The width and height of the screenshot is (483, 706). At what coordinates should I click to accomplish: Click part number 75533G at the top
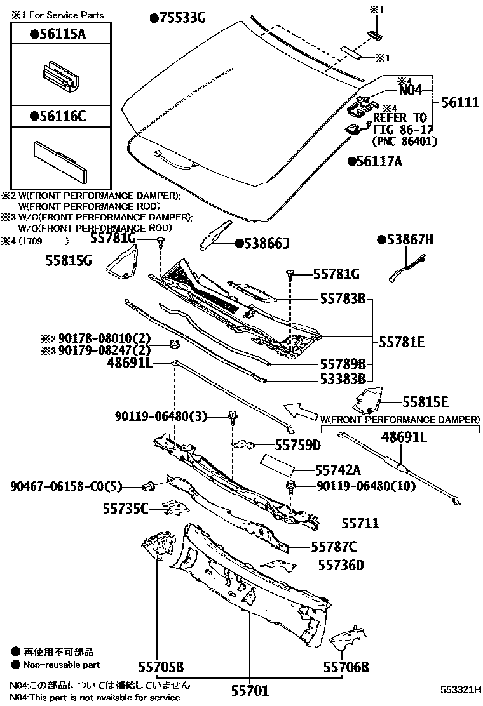178,18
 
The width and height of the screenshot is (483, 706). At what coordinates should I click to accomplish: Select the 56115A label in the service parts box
58,34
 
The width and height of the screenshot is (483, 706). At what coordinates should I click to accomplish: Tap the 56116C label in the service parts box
58,117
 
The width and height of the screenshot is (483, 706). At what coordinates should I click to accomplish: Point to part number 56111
460,103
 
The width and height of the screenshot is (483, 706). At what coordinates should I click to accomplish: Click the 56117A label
374,161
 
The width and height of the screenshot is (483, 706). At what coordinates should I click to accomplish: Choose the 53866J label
262,244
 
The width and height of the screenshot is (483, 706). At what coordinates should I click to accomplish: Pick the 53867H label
405,239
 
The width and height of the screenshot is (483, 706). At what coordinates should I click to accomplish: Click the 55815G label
69,260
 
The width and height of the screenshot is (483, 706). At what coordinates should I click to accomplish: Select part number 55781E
402,342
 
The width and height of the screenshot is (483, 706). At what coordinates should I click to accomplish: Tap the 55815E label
425,402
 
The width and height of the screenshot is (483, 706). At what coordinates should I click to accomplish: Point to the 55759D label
298,445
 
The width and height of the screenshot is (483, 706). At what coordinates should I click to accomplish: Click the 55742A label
338,470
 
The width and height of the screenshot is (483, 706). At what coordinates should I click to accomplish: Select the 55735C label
125,509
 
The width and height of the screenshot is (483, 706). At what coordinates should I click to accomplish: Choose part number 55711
360,523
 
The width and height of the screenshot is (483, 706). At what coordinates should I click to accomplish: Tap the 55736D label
341,565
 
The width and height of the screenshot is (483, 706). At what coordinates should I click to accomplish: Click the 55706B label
346,667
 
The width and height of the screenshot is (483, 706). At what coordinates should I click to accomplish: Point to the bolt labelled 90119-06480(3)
233,417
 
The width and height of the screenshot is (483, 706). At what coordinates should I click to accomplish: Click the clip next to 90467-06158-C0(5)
148,486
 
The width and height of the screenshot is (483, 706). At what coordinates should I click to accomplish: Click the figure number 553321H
460,690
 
